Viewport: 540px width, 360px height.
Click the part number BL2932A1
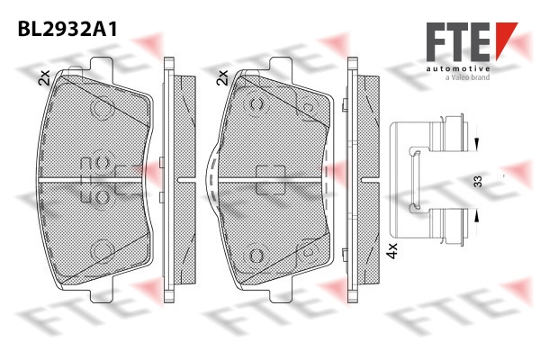[x=67, y=29]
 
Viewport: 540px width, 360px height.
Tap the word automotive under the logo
[x=458, y=68]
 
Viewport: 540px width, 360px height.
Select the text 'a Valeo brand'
[x=468, y=77]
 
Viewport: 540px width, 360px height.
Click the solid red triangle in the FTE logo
[x=505, y=37]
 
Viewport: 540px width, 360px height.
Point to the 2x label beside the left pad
[x=45, y=78]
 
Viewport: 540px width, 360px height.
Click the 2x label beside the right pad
[x=223, y=78]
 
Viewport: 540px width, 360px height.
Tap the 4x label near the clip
[x=391, y=251]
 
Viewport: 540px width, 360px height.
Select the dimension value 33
[x=478, y=181]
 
